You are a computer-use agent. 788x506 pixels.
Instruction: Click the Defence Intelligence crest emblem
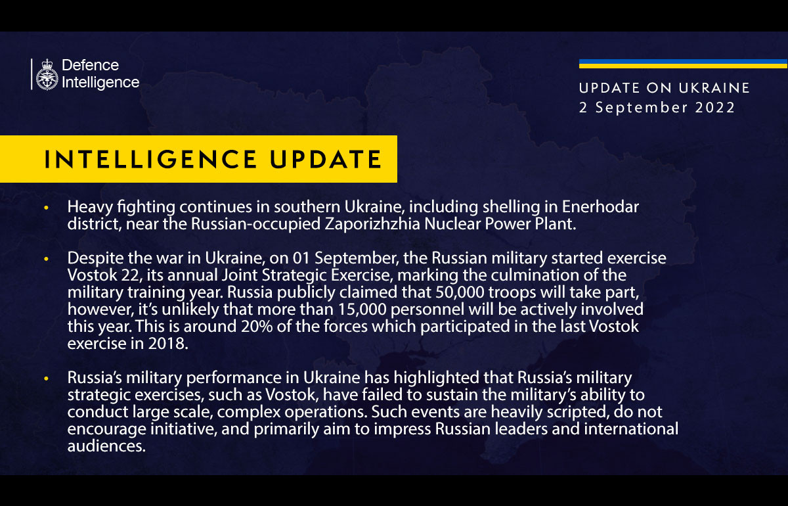[47, 74]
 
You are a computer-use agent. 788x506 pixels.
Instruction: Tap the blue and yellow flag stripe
[683, 64]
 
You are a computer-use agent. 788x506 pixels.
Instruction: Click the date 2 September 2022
[657, 107]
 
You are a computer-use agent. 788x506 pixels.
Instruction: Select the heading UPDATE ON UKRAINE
[665, 88]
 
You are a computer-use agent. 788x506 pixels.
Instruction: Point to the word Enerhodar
[601, 207]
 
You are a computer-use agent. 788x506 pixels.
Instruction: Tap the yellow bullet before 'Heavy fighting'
[46, 208]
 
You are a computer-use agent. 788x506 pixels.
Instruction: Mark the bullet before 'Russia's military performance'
[46, 379]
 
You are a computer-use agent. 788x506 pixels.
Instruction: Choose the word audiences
[105, 446]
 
